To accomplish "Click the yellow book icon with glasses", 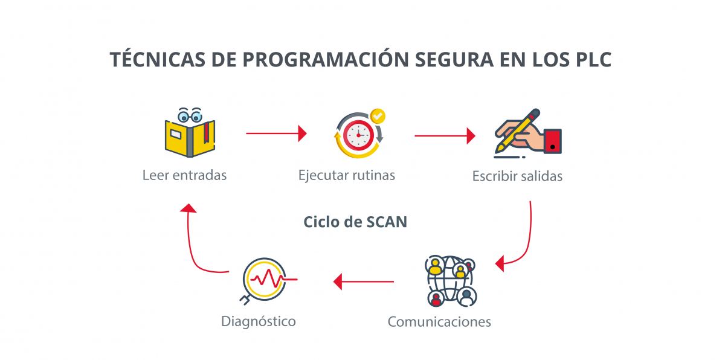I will [x=190, y=133].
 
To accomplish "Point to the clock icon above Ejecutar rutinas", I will [x=358, y=135].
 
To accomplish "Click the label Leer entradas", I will [x=185, y=175].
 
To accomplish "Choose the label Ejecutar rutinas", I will [x=347, y=175].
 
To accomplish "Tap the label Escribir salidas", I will [x=517, y=176].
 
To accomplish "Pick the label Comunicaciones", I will [x=439, y=321].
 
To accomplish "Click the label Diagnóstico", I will [x=259, y=321].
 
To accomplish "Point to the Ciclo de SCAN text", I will [x=355, y=222].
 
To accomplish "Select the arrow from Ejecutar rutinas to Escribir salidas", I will [x=445, y=136].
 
